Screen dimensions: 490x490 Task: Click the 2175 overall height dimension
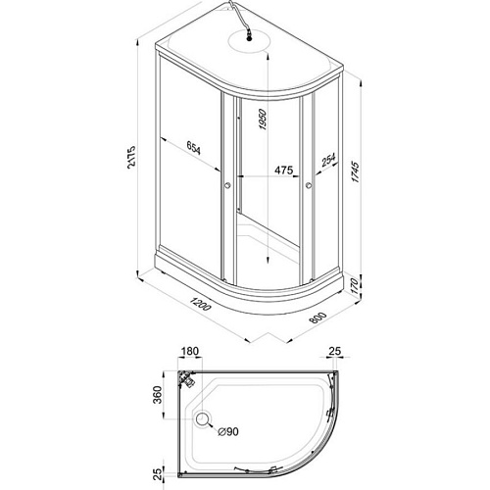(131, 157)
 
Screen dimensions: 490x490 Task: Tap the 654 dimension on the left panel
(194, 148)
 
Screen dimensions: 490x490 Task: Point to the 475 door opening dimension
(283, 171)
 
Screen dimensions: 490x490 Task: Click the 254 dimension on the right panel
(328, 160)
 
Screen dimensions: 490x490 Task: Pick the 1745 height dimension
(355, 171)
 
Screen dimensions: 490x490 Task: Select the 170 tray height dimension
(355, 286)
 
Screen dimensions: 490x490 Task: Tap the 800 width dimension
(318, 318)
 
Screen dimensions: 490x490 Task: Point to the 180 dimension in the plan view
(190, 351)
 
